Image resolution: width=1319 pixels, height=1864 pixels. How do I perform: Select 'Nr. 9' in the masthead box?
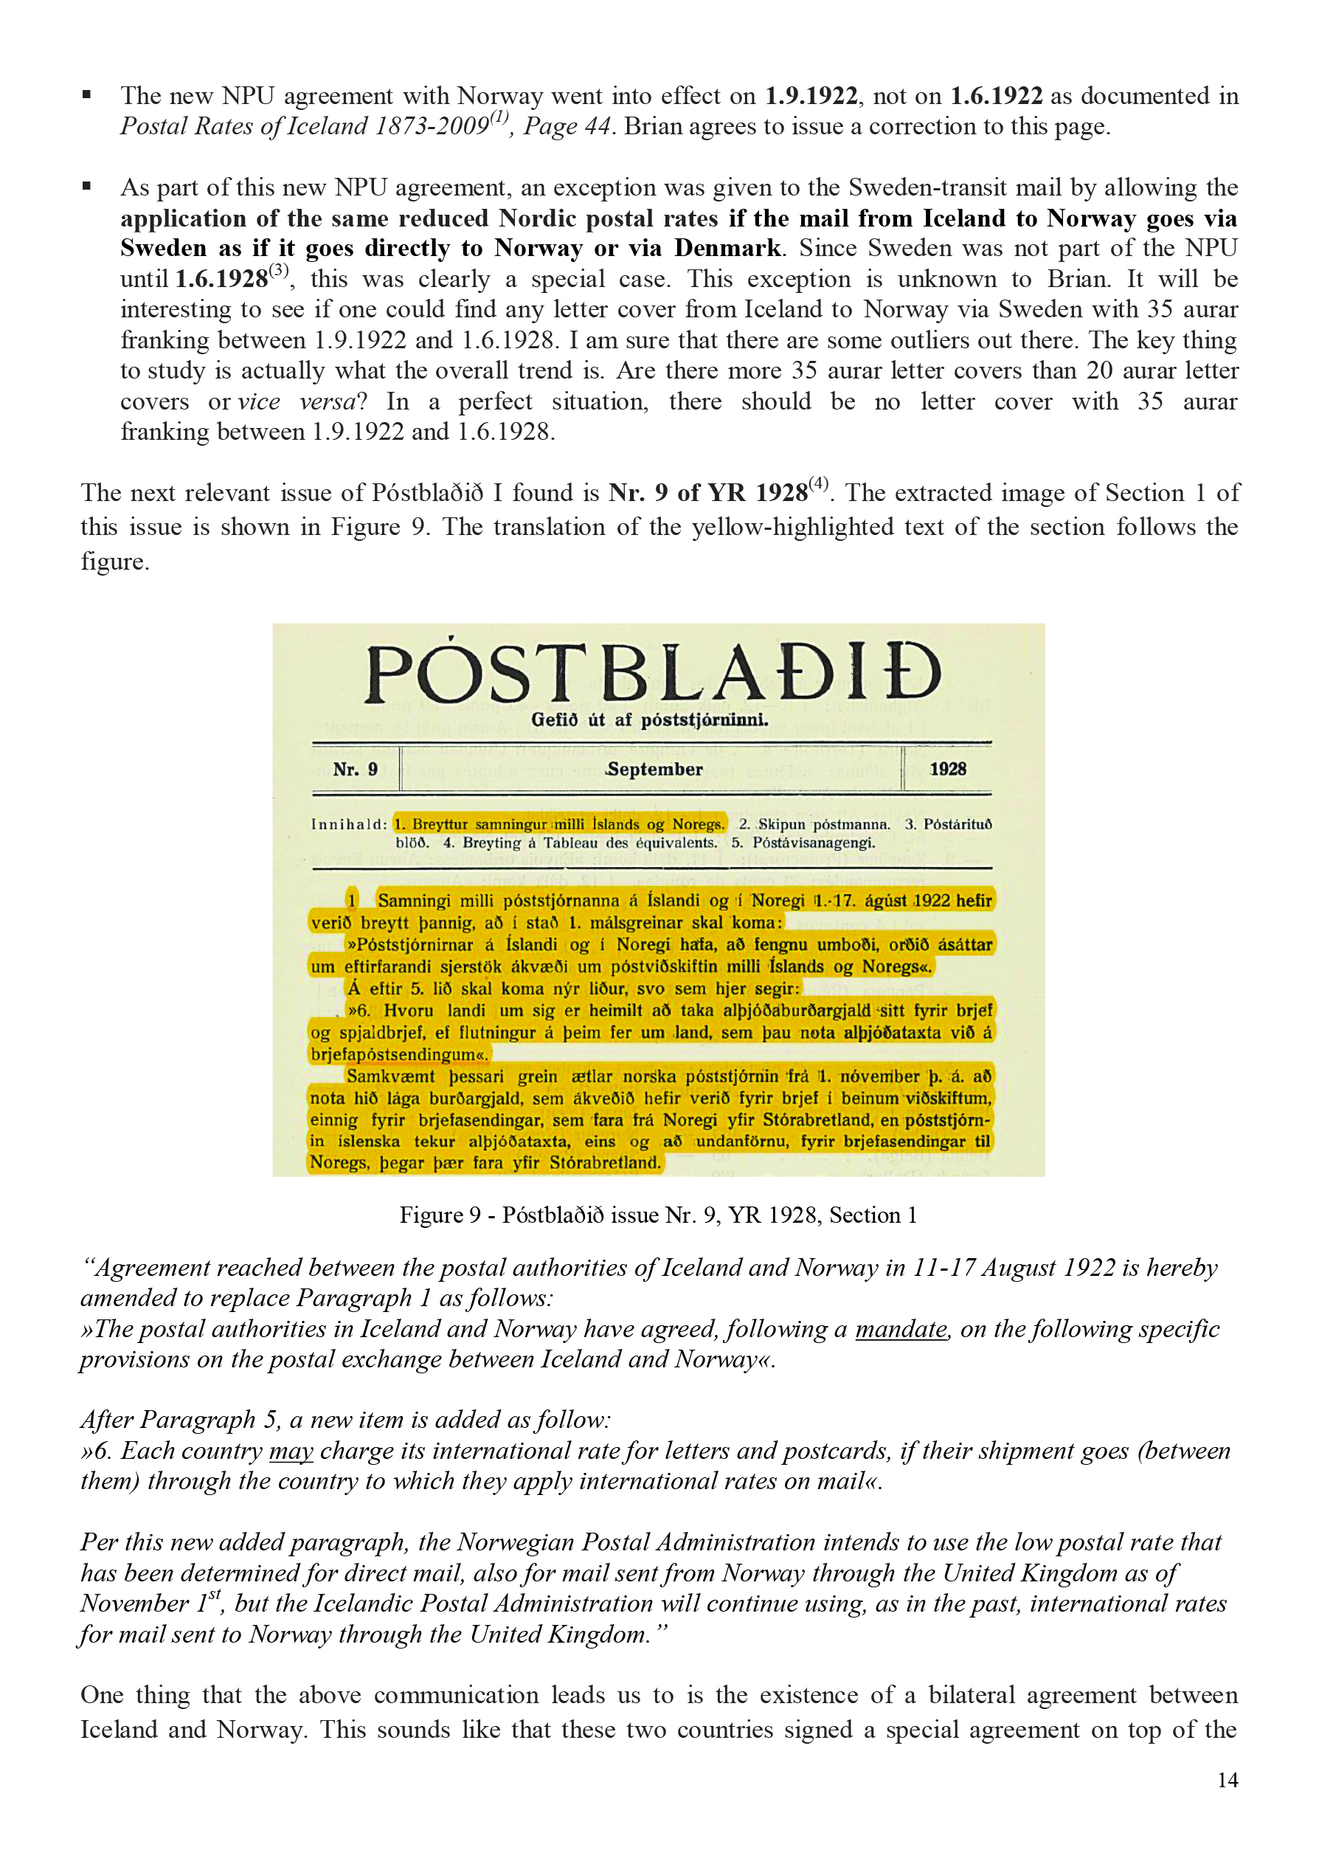(x=355, y=769)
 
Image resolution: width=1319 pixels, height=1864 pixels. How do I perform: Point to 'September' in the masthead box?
(x=654, y=769)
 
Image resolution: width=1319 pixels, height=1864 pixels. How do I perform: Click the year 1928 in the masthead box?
(x=948, y=769)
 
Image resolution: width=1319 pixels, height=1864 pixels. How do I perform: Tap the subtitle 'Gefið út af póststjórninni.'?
(x=650, y=719)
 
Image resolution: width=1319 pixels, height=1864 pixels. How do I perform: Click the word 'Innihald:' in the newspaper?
(x=348, y=824)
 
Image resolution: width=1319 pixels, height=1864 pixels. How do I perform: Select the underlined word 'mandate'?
(x=901, y=1329)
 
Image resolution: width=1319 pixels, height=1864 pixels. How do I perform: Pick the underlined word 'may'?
(x=291, y=1451)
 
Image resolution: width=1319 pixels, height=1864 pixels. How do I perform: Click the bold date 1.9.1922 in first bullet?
(x=811, y=96)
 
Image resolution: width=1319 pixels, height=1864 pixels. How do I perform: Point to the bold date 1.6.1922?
(x=997, y=96)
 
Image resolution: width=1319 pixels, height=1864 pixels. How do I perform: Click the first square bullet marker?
(x=87, y=95)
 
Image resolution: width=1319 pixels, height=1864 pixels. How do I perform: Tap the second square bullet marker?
(x=87, y=187)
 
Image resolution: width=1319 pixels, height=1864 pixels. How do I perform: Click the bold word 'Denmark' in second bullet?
(x=727, y=248)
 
